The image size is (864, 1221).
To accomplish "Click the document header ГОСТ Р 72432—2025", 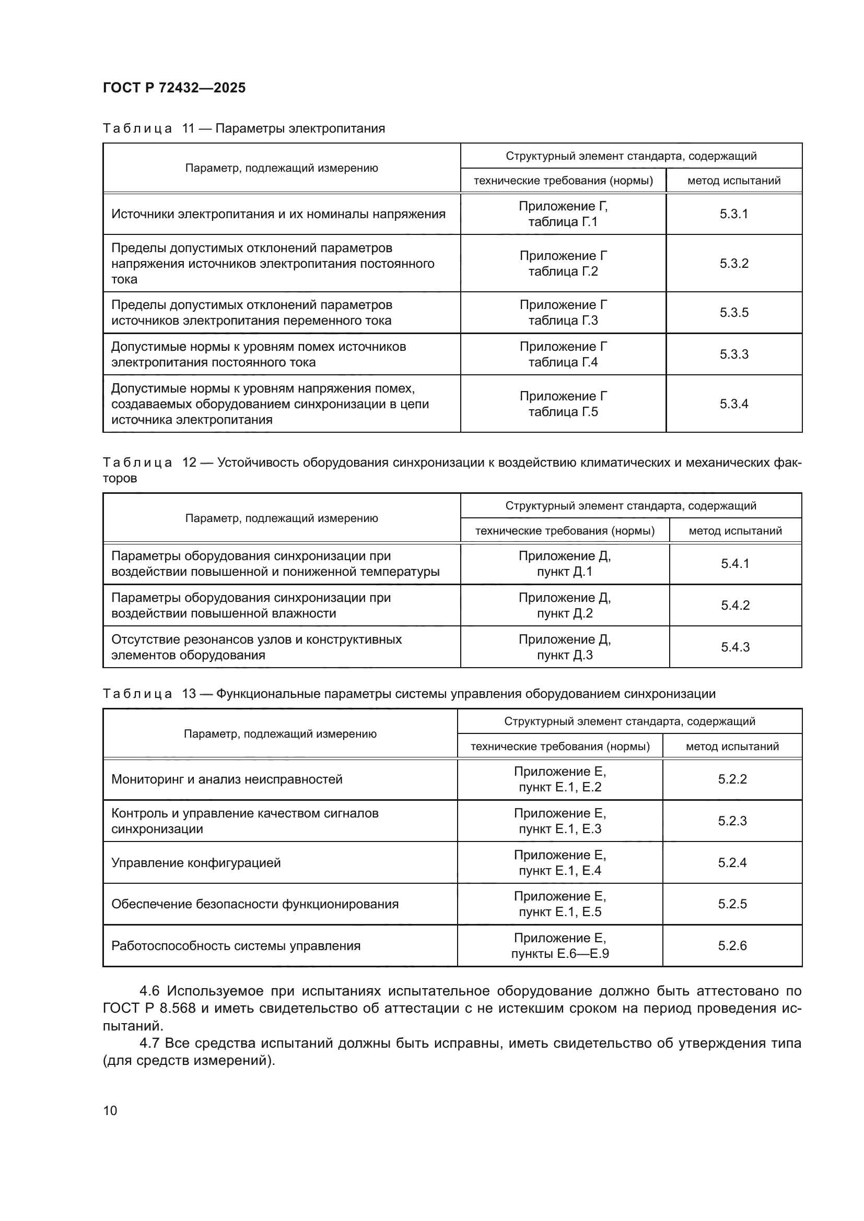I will point(174,88).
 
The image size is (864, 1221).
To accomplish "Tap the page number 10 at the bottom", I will point(110,1110).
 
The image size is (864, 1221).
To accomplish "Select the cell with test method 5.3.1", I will point(733,214).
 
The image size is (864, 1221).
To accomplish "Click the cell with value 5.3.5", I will point(733,312).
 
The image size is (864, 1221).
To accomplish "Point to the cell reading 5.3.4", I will point(733,404).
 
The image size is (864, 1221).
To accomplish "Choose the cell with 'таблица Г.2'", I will point(563,264).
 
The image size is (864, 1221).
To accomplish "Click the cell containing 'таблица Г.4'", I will point(563,354).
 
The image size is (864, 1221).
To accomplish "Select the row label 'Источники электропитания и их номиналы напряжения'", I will point(278,215).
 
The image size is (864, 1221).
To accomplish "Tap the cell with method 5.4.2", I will point(735,605).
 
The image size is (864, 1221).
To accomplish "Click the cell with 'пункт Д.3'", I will point(565,647).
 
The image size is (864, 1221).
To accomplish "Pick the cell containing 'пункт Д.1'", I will point(565,564).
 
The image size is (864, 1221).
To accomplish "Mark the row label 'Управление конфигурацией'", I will point(196,862).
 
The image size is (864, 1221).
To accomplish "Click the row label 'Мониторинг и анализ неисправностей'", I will point(227,779).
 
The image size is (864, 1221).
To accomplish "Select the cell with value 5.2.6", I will point(732,945).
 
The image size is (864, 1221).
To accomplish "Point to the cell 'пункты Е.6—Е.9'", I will point(559,946).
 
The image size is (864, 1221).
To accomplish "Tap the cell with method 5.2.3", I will point(732,821).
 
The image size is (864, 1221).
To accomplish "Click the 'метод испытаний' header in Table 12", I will point(735,531).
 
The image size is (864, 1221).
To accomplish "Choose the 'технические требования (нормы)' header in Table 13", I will point(559,746).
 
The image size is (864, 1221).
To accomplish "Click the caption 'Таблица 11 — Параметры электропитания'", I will point(243,128).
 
